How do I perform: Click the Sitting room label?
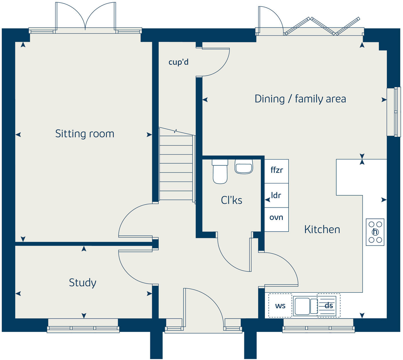point(85,134)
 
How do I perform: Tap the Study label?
point(82,283)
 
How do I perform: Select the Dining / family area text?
point(300,99)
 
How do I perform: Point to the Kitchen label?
point(322,229)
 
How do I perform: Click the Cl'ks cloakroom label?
point(232,200)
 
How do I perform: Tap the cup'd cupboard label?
point(178,62)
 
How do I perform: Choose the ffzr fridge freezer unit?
point(276,171)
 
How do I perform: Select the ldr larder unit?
point(276,195)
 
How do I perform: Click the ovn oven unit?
point(276,219)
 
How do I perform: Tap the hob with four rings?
point(375,232)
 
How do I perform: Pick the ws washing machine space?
point(280,305)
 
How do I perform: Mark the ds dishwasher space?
point(329,305)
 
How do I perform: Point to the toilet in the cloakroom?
point(220,171)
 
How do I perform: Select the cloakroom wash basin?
point(244,167)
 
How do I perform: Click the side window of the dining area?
point(394,112)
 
